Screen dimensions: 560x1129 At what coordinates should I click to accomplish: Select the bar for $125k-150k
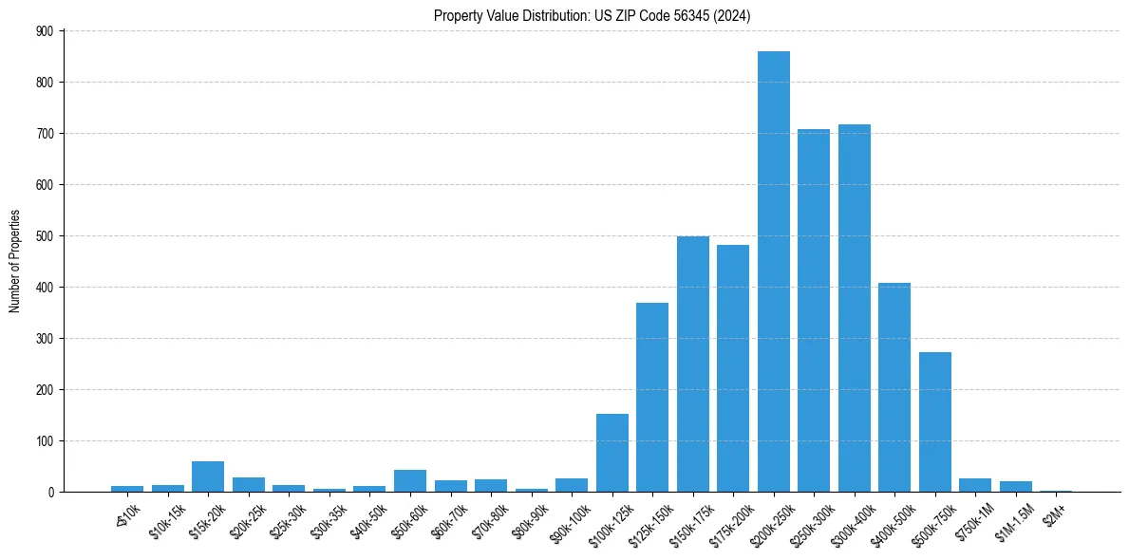[652, 398]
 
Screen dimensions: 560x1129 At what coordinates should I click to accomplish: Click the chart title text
[593, 15]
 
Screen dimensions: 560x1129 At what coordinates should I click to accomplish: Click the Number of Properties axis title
[15, 261]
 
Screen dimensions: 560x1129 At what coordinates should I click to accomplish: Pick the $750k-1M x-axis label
[974, 519]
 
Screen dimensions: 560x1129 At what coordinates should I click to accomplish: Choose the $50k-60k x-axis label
[409, 519]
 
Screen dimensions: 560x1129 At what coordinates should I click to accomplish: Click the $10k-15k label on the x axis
[167, 519]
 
